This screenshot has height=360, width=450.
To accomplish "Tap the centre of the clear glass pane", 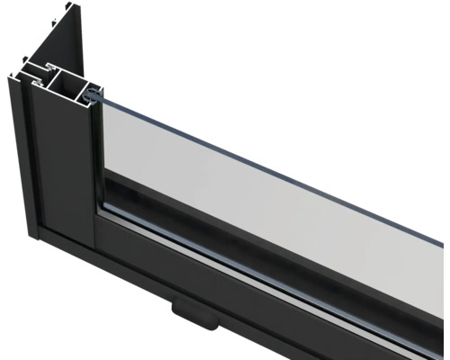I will pos(270,171).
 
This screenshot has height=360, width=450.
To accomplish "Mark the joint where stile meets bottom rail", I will pos(94,220).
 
